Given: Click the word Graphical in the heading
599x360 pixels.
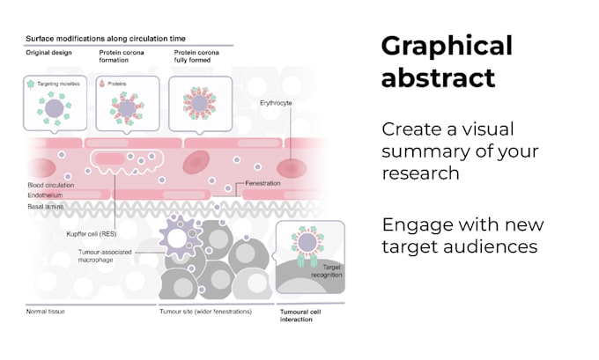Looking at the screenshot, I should click(x=446, y=47).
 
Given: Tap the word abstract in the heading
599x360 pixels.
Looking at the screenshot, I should click(x=438, y=78).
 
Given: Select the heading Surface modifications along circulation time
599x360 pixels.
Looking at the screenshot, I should click(x=111, y=40).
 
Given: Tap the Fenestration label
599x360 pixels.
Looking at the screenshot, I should click(x=263, y=183).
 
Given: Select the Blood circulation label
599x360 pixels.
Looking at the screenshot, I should click(x=51, y=186).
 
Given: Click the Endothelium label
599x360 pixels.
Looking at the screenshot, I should click(x=45, y=195).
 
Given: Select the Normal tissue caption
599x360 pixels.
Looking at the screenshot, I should click(x=46, y=311).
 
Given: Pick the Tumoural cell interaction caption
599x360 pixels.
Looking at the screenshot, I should click(x=304, y=315).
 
